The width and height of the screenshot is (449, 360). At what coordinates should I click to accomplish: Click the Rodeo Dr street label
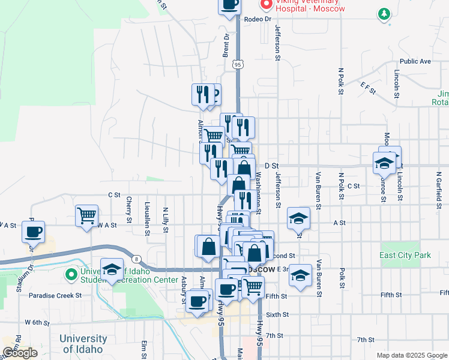[258, 19]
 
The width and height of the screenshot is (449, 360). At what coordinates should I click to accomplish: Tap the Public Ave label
[415, 61]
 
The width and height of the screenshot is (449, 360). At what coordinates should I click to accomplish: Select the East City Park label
[405, 255]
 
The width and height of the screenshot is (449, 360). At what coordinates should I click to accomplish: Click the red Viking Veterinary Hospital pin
[265, 4]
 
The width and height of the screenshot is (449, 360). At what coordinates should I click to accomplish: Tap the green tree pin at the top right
[384, 13]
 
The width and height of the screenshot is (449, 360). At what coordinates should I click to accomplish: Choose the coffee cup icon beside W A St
[33, 231]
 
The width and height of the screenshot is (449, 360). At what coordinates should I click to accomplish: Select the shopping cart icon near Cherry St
[87, 215]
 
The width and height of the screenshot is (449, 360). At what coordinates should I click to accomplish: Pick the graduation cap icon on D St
[384, 161]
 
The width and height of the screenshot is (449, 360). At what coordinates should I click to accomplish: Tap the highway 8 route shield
[138, 259]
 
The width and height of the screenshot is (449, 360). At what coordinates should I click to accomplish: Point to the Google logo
[20, 353]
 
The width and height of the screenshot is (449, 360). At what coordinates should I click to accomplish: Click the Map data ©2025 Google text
[411, 355]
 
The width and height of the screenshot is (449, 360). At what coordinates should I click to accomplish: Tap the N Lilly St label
[165, 220]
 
